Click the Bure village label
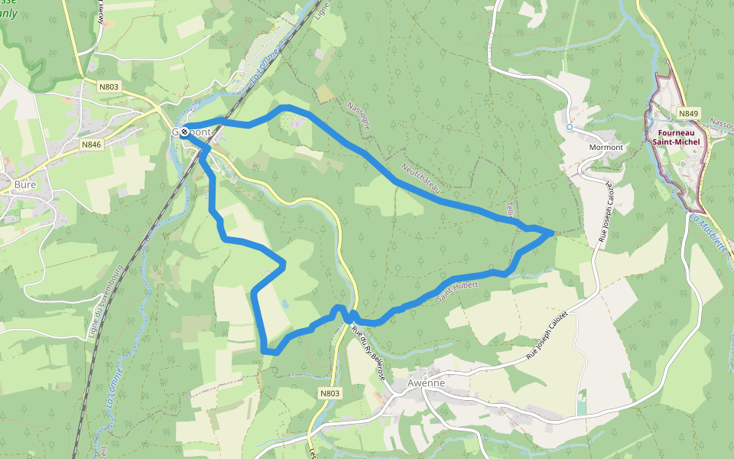pyautogui.click(x=25, y=184)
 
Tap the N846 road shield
pyautogui.click(x=92, y=144)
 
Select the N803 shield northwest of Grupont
pyautogui.click(x=109, y=87)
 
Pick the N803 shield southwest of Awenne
pyautogui.click(x=330, y=393)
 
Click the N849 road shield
pyautogui.click(x=688, y=114)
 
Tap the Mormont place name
pyautogui.click(x=607, y=147)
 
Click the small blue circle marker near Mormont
pyautogui.click(x=570, y=127)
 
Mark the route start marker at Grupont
pyautogui.click(x=184, y=132)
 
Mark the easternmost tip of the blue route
pyautogui.click(x=552, y=232)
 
